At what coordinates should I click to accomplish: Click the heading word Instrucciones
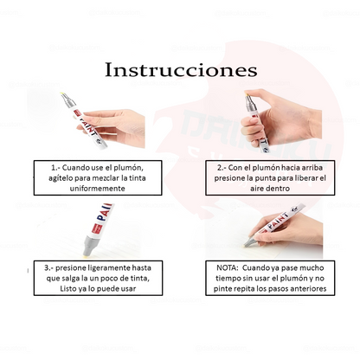click(x=181, y=70)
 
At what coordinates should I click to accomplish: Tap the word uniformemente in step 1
click(x=98, y=189)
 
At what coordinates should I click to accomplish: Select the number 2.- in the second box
click(x=222, y=168)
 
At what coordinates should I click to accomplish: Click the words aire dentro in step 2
click(x=270, y=189)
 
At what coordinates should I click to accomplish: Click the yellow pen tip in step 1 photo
click(x=62, y=94)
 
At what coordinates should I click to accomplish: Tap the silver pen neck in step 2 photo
click(x=251, y=104)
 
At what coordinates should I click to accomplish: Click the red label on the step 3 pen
click(x=97, y=228)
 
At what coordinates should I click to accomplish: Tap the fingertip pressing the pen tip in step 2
click(x=248, y=93)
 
